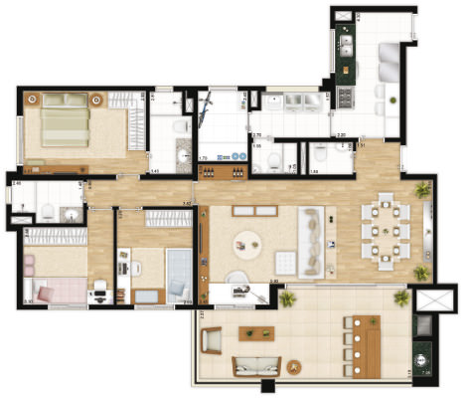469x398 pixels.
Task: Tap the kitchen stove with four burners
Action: tap(348, 98)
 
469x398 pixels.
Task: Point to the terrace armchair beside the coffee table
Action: tap(214, 340)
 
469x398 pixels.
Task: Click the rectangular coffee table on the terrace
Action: tap(260, 333)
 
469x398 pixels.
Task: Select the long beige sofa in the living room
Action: tap(319, 242)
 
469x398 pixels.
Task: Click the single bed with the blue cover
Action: tap(179, 273)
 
